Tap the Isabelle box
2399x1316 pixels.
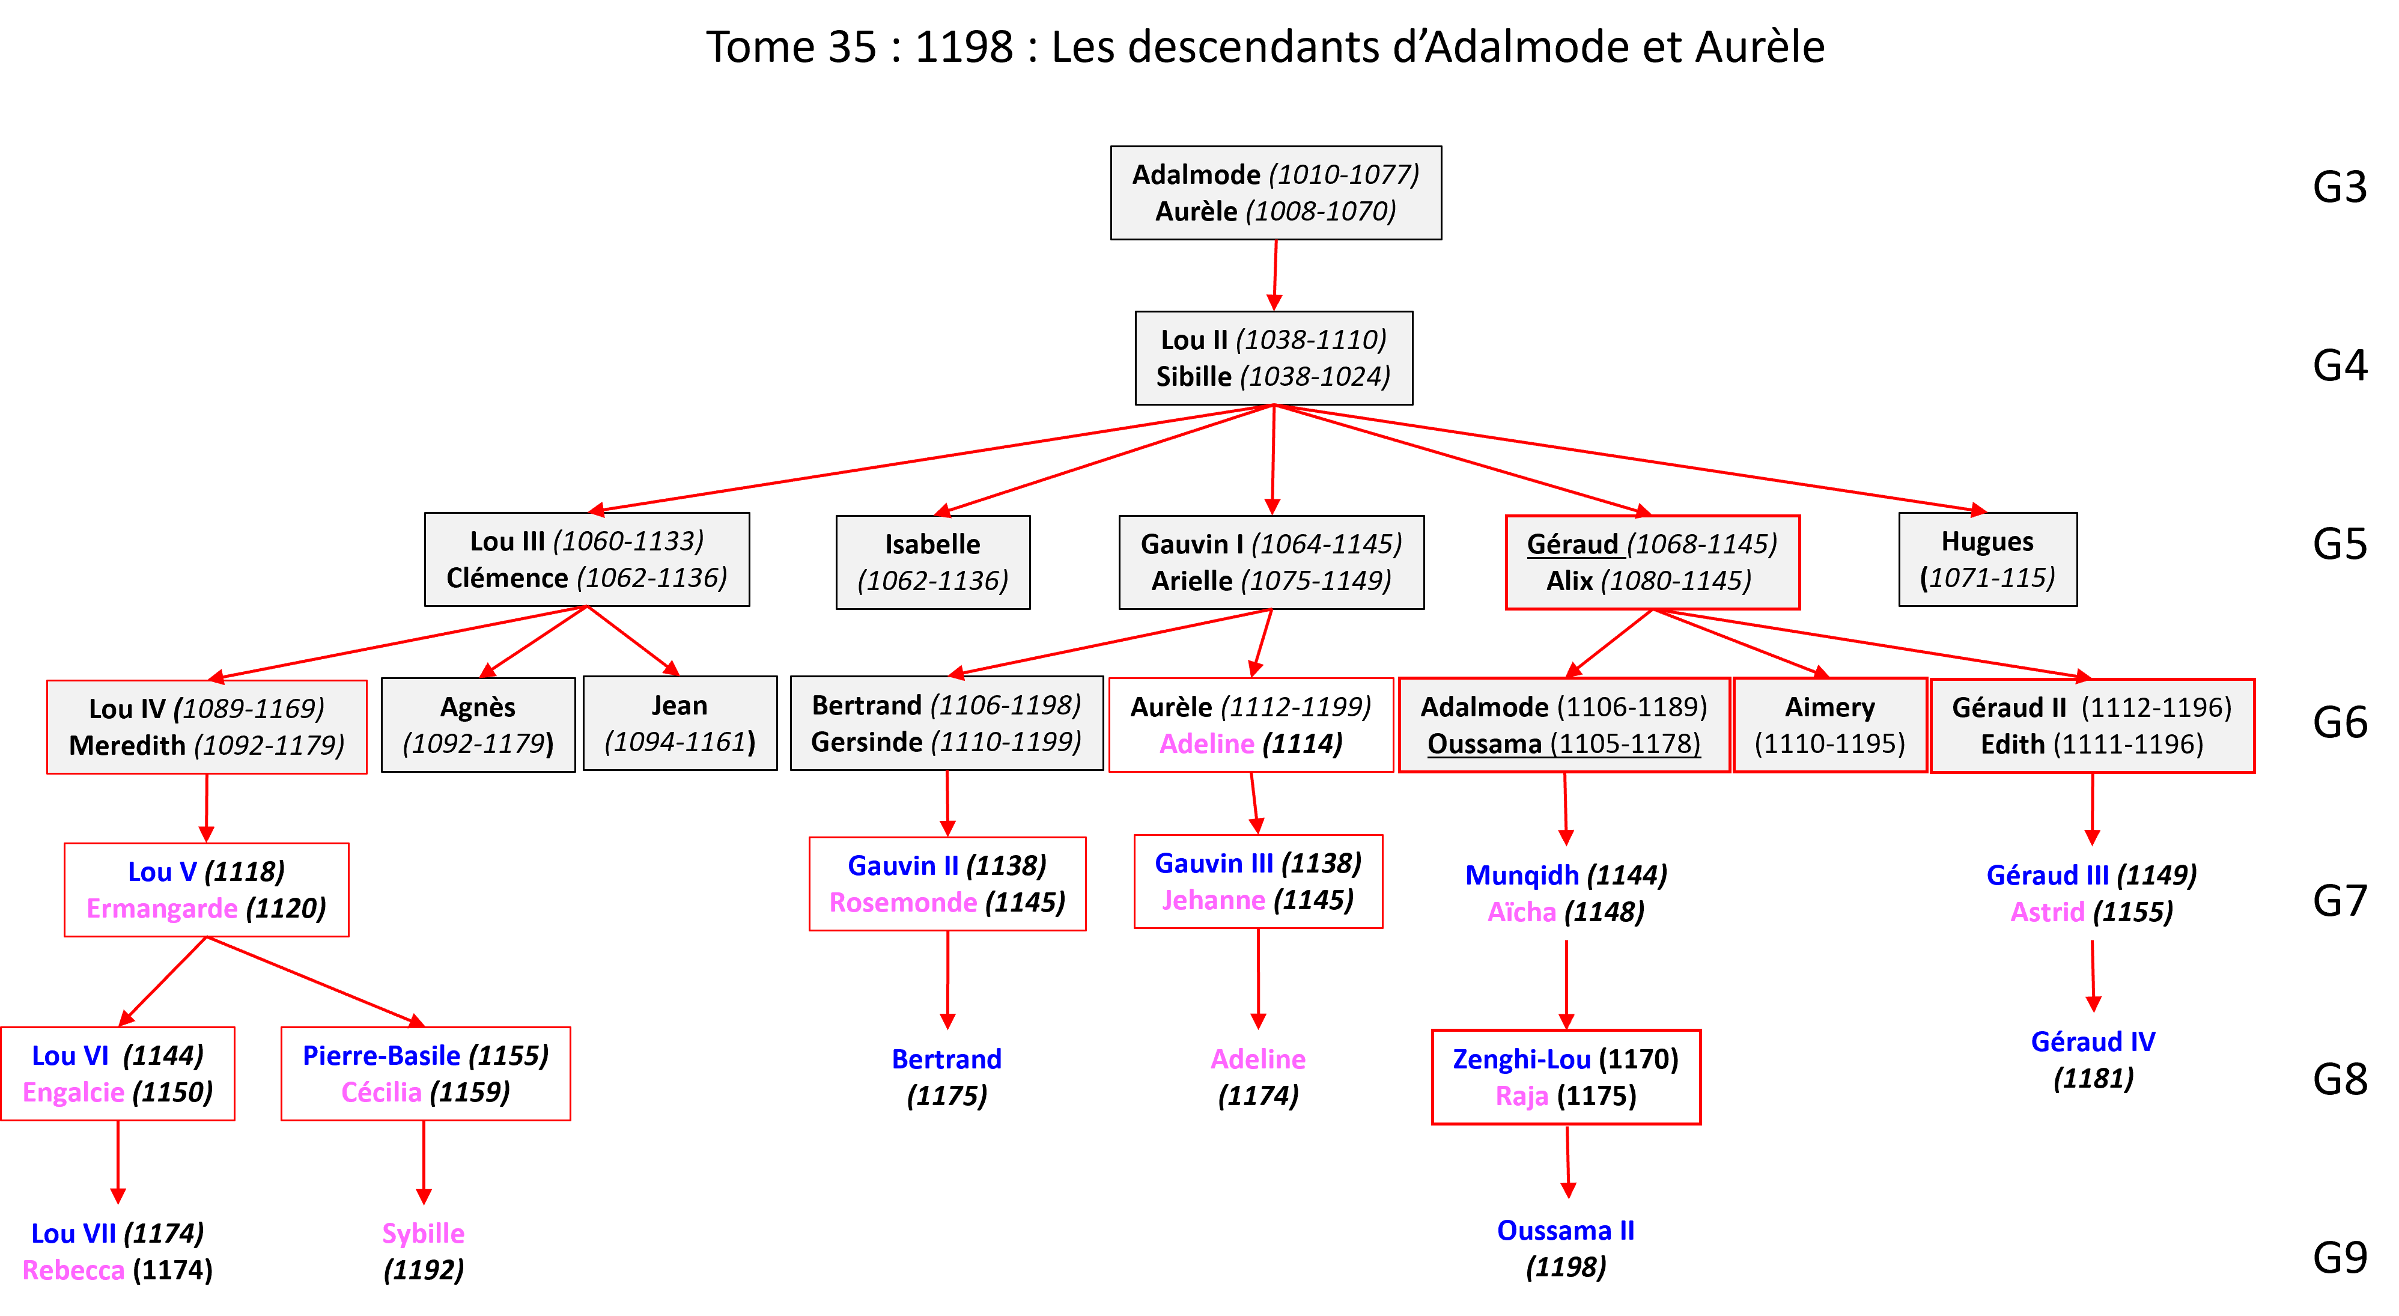coord(932,562)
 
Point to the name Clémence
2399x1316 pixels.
coord(506,577)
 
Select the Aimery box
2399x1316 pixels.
coord(1829,725)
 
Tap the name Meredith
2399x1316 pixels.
coord(127,745)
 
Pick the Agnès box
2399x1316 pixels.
coord(478,725)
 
